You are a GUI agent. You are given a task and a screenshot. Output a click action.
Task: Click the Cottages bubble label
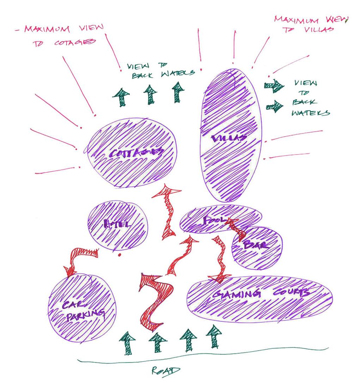pyautogui.click(x=136, y=153)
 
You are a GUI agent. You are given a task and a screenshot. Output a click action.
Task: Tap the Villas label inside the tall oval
pyautogui.click(x=228, y=138)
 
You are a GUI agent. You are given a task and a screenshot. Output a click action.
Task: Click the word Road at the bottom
pyautogui.click(x=165, y=371)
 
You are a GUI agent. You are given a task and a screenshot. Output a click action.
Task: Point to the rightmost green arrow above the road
pyautogui.click(x=213, y=337)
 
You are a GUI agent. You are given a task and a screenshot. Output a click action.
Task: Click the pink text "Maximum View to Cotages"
pyautogui.click(x=60, y=35)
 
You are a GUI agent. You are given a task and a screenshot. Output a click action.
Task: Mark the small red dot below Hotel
pyautogui.click(x=120, y=255)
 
